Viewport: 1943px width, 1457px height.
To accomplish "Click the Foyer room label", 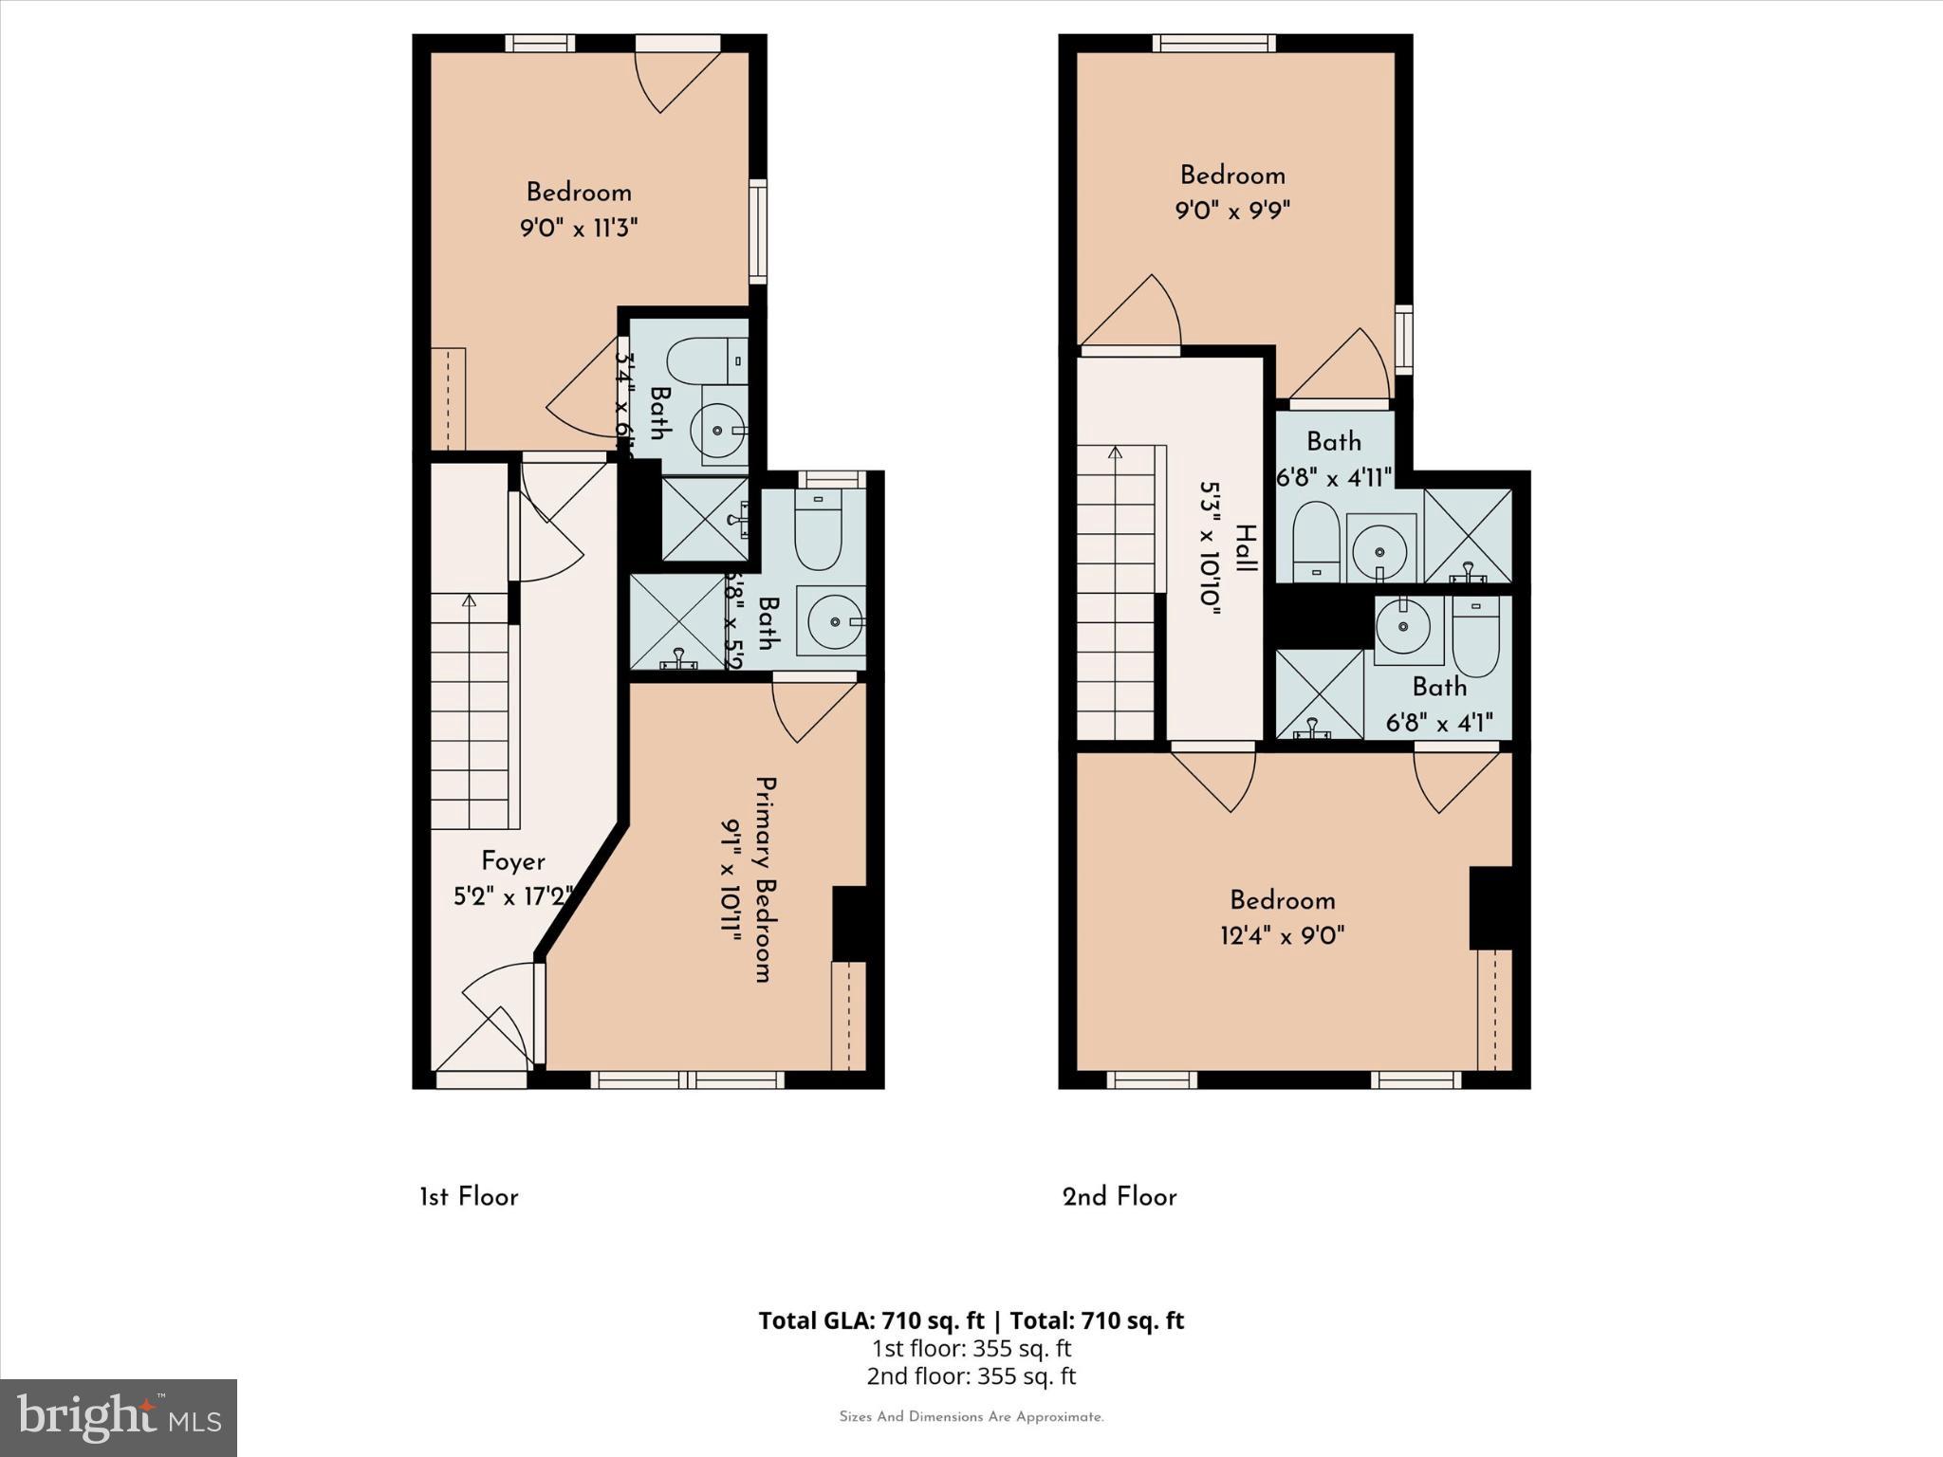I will (x=512, y=861).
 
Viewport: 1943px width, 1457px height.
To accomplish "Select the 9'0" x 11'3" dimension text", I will (x=579, y=228).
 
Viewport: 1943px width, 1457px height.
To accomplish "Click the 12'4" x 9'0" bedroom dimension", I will (x=1282, y=936).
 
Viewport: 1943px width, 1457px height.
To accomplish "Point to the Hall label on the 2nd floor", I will (x=1246, y=548).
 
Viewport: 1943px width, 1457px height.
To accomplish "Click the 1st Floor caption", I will (x=469, y=1197).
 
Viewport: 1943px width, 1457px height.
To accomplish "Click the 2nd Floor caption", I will (x=1120, y=1197).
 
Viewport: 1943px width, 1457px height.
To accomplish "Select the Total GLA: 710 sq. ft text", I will (x=873, y=1320).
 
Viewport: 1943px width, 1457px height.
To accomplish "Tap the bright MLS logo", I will (x=119, y=1417).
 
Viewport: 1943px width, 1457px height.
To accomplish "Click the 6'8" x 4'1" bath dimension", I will (x=1439, y=723).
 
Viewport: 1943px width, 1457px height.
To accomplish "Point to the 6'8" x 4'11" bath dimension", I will (x=1334, y=477).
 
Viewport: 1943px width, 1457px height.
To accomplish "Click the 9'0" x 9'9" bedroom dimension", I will (x=1232, y=210).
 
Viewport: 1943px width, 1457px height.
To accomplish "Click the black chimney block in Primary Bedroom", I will (x=849, y=923).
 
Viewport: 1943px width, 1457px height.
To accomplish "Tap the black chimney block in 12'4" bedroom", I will (x=1490, y=907).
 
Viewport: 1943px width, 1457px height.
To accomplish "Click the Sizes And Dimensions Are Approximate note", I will (x=971, y=1417).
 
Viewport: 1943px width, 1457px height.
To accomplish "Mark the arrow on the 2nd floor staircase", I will (x=1115, y=453).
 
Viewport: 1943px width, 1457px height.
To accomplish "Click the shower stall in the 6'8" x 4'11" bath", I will (x=1467, y=536).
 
